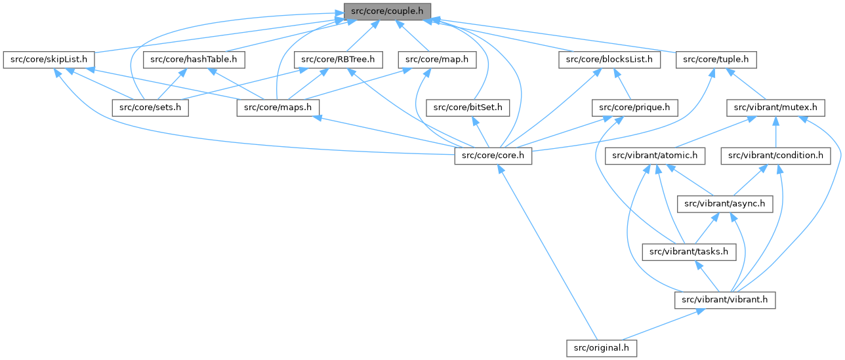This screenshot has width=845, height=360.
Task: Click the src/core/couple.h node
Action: pyautogui.click(x=387, y=11)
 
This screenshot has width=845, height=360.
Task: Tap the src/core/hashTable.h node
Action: pyautogui.click(x=188, y=60)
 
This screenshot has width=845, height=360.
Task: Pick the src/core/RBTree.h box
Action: pyautogui.click(x=338, y=60)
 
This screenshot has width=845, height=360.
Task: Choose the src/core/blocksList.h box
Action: pyautogui.click(x=609, y=60)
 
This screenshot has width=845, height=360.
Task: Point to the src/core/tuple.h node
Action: pyautogui.click(x=716, y=60)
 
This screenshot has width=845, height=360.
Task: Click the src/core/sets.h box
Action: pyautogui.click(x=150, y=108)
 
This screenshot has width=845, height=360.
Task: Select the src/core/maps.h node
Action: pyautogui.click(x=278, y=108)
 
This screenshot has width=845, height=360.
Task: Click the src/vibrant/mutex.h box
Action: pyautogui.click(x=775, y=108)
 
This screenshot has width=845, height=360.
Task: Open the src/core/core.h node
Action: pyautogui.click(x=493, y=156)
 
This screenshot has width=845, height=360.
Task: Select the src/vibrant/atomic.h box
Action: pyautogui.click(x=655, y=156)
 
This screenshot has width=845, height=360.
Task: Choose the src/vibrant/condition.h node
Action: pyautogui.click(x=775, y=156)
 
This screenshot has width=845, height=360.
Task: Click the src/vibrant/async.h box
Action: pyautogui.click(x=724, y=204)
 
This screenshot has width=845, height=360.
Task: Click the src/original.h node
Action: pyautogui.click(x=602, y=348)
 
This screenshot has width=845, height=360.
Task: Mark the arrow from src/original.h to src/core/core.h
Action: pyautogui.click(x=548, y=252)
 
